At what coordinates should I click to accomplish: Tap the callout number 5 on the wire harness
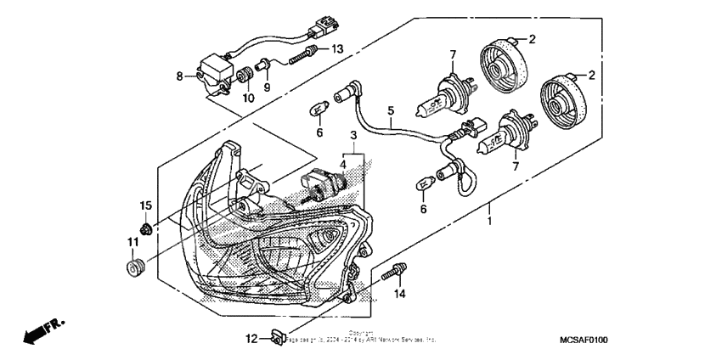pyautogui.click(x=391, y=110)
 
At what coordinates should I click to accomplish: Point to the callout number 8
pyautogui.click(x=179, y=76)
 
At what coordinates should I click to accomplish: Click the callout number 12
pyautogui.click(x=251, y=340)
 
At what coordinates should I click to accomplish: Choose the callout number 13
pyautogui.click(x=336, y=49)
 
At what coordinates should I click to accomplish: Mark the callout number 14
pyautogui.click(x=399, y=294)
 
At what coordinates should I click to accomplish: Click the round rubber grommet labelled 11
pyautogui.click(x=133, y=270)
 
